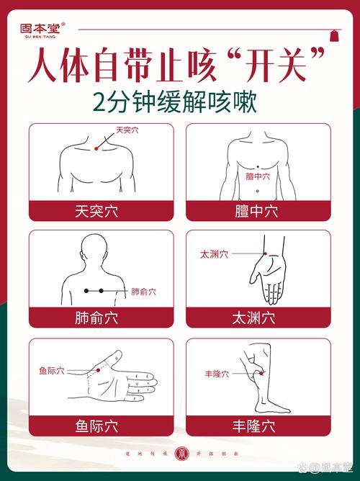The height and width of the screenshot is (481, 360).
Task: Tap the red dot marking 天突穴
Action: pyautogui.click(x=96, y=148)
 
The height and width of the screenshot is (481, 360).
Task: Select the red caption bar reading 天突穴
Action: pyautogui.click(x=101, y=211)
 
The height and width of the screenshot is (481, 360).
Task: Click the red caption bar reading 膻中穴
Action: pyautogui.click(x=258, y=211)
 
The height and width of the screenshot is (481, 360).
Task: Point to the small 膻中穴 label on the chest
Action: pyautogui.click(x=258, y=176)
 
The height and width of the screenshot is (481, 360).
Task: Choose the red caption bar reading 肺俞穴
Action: pyautogui.click(x=101, y=317)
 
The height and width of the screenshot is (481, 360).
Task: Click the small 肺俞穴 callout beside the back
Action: pyautogui.click(x=143, y=292)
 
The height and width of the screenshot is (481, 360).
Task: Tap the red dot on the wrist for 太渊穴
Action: pyautogui.click(x=265, y=254)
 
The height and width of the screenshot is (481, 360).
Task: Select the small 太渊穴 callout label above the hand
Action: pyautogui.click(x=214, y=254)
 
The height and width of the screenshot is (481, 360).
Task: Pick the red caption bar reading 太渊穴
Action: pyautogui.click(x=258, y=317)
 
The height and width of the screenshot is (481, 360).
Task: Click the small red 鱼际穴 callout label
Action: pyautogui.click(x=52, y=371)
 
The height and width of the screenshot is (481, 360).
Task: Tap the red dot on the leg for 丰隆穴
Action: pyautogui.click(x=261, y=374)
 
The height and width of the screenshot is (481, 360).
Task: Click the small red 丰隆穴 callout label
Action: pyautogui.click(x=217, y=374)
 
